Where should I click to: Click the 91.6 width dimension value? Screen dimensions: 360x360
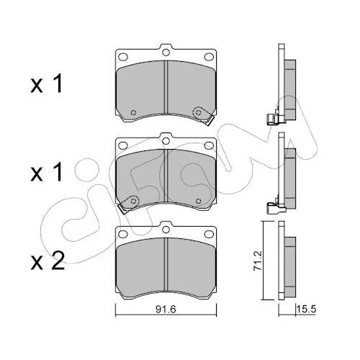click(x=166, y=310)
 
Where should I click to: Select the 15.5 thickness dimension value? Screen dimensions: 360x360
click(x=307, y=309)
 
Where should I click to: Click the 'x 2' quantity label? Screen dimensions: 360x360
click(x=48, y=261)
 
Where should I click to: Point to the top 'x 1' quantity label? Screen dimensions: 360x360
click(x=47, y=84)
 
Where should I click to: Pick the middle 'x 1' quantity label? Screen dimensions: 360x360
click(x=47, y=171)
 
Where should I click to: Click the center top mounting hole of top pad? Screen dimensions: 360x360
click(x=166, y=52)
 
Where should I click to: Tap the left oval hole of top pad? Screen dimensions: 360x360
click(x=123, y=57)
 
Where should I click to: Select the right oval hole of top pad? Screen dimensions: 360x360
click(x=209, y=57)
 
